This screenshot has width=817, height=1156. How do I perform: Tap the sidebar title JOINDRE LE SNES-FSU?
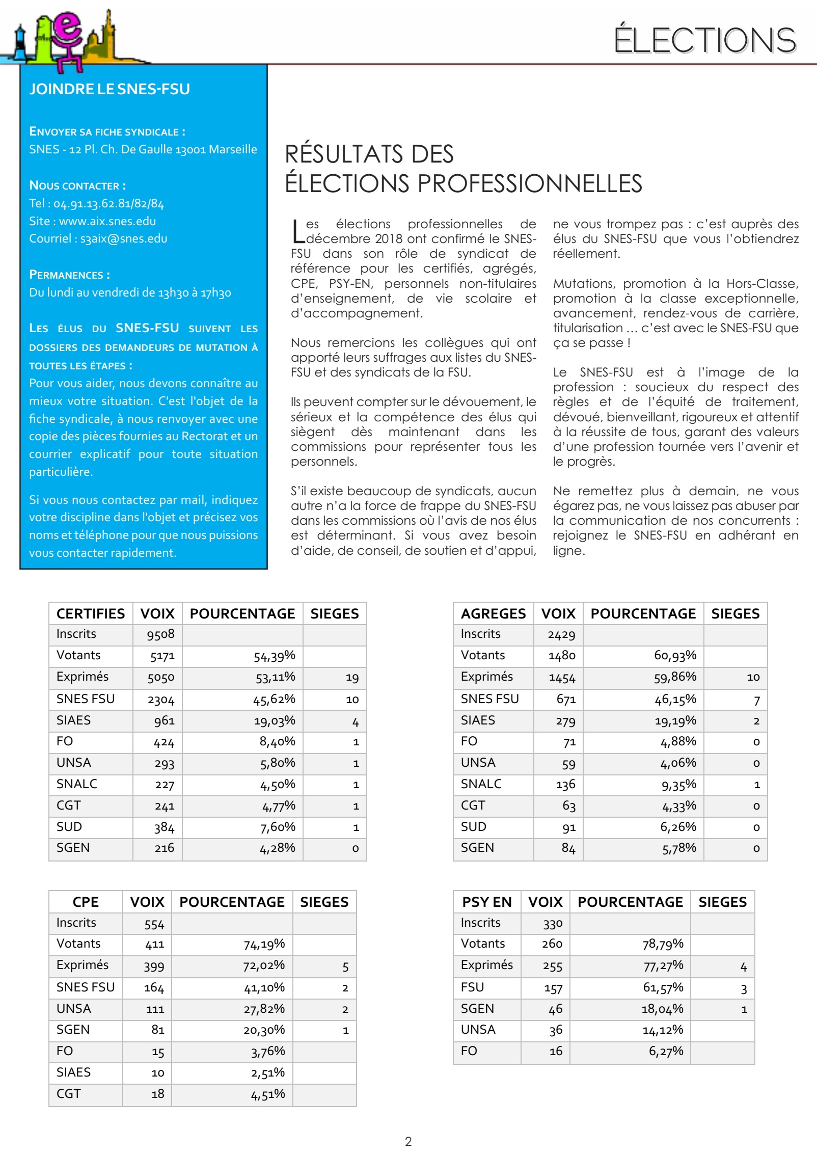(x=110, y=89)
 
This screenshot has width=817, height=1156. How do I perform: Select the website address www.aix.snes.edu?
(x=107, y=221)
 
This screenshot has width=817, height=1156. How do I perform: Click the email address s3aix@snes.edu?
(x=124, y=238)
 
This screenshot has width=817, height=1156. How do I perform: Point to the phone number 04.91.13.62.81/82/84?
(x=108, y=204)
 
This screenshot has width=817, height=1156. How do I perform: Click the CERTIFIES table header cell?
(x=91, y=613)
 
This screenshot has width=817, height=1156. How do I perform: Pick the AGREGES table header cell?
(x=493, y=613)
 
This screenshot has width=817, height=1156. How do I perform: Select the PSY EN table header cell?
(x=486, y=902)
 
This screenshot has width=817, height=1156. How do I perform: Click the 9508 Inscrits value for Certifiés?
(x=160, y=634)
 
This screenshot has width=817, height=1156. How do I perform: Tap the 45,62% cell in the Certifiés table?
(x=274, y=699)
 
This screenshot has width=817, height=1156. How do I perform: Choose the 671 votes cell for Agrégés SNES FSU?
(x=566, y=699)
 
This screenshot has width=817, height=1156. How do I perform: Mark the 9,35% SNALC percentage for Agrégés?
(x=678, y=785)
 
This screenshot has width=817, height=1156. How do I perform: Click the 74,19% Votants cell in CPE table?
(x=264, y=945)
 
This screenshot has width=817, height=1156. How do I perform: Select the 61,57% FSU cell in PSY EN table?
(x=663, y=987)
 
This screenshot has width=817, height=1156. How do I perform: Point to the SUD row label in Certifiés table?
(x=69, y=826)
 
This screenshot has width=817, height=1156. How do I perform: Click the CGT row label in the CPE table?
(x=69, y=1093)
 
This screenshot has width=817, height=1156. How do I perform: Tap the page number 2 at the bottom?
(x=408, y=1141)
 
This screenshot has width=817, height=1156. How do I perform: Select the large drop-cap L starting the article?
(x=298, y=231)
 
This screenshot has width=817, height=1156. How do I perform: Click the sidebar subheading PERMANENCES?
(x=69, y=275)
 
